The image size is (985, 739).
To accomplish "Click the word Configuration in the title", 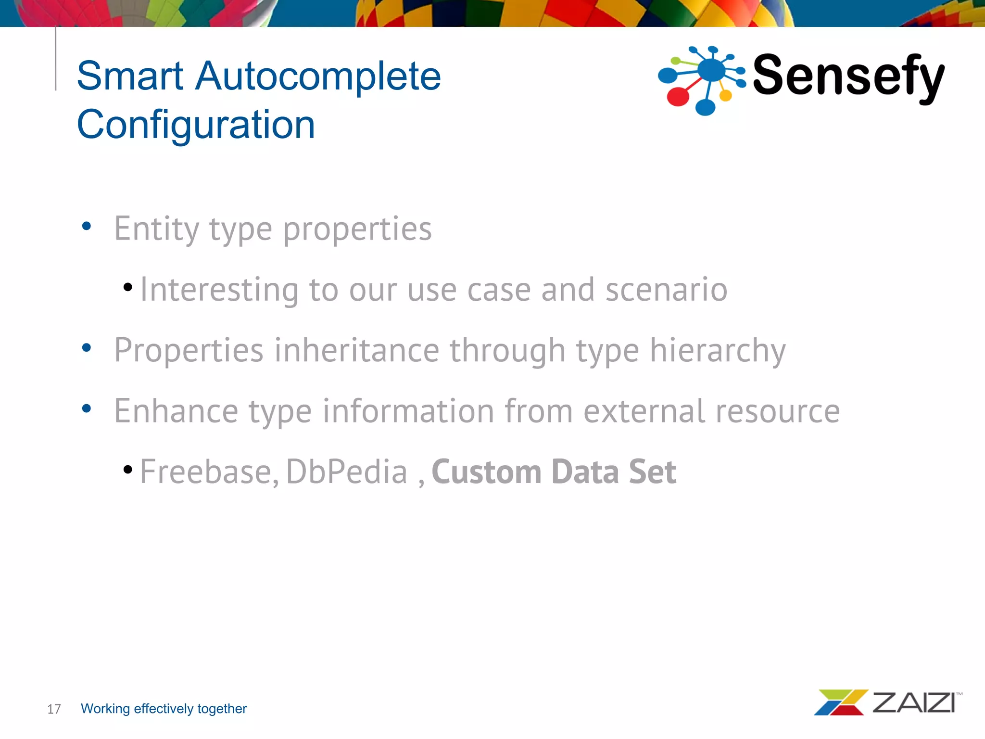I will (196, 125).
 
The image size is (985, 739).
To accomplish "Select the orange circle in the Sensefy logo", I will (725, 96).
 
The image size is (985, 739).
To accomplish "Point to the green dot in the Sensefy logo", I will (675, 61).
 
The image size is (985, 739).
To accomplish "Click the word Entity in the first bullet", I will (156, 229).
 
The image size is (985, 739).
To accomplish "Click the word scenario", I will (666, 290).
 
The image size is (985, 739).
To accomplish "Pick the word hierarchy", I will (718, 351).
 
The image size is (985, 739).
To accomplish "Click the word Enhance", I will (176, 412).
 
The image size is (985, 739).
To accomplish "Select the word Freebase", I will (209, 472).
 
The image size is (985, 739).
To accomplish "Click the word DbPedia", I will (347, 472).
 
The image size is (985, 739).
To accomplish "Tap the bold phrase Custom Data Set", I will (554, 472).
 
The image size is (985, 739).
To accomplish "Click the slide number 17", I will (54, 709).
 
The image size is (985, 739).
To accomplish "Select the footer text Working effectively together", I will (164, 709).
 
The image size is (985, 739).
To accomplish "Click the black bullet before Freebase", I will (128, 470).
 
